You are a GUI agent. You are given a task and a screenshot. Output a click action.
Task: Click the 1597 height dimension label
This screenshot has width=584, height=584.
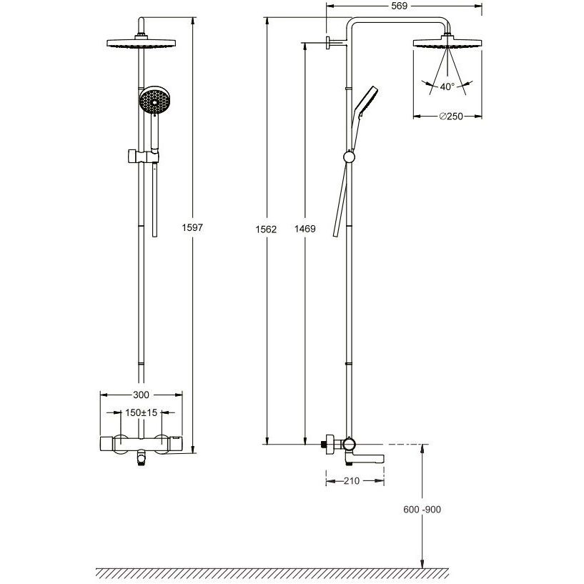point(192,227)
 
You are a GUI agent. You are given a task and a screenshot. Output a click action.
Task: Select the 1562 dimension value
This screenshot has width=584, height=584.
point(266,229)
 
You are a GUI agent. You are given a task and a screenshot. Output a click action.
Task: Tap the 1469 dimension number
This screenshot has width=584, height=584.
point(305,229)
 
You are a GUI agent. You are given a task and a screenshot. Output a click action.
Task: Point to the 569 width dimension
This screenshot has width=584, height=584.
point(400,6)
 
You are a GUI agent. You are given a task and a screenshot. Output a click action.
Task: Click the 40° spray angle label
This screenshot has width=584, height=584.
point(447,86)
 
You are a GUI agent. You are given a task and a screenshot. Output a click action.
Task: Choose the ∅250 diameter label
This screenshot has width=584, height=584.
point(451,117)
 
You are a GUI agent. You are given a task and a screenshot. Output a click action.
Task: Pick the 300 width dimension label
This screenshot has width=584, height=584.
point(141,395)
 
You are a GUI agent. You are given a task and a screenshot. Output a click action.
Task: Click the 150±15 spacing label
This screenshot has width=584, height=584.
point(141,412)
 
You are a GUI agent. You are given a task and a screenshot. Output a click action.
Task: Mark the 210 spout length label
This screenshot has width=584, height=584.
point(351,481)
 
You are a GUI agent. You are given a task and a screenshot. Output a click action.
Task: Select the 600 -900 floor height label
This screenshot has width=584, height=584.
point(422,509)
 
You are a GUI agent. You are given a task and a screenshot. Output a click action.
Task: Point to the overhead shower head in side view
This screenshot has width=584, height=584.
point(447,42)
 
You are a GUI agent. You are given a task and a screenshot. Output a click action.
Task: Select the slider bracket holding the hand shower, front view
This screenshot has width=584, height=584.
point(144,157)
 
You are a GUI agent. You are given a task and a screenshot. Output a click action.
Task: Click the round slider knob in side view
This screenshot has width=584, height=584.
point(349,157)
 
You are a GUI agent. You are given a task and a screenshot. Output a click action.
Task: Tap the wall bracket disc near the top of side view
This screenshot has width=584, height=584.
point(328,43)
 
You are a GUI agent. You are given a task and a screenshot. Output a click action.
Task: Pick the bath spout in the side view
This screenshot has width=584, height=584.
point(365,457)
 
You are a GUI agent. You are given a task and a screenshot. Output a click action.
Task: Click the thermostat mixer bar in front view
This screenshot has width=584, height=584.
point(141,444)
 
